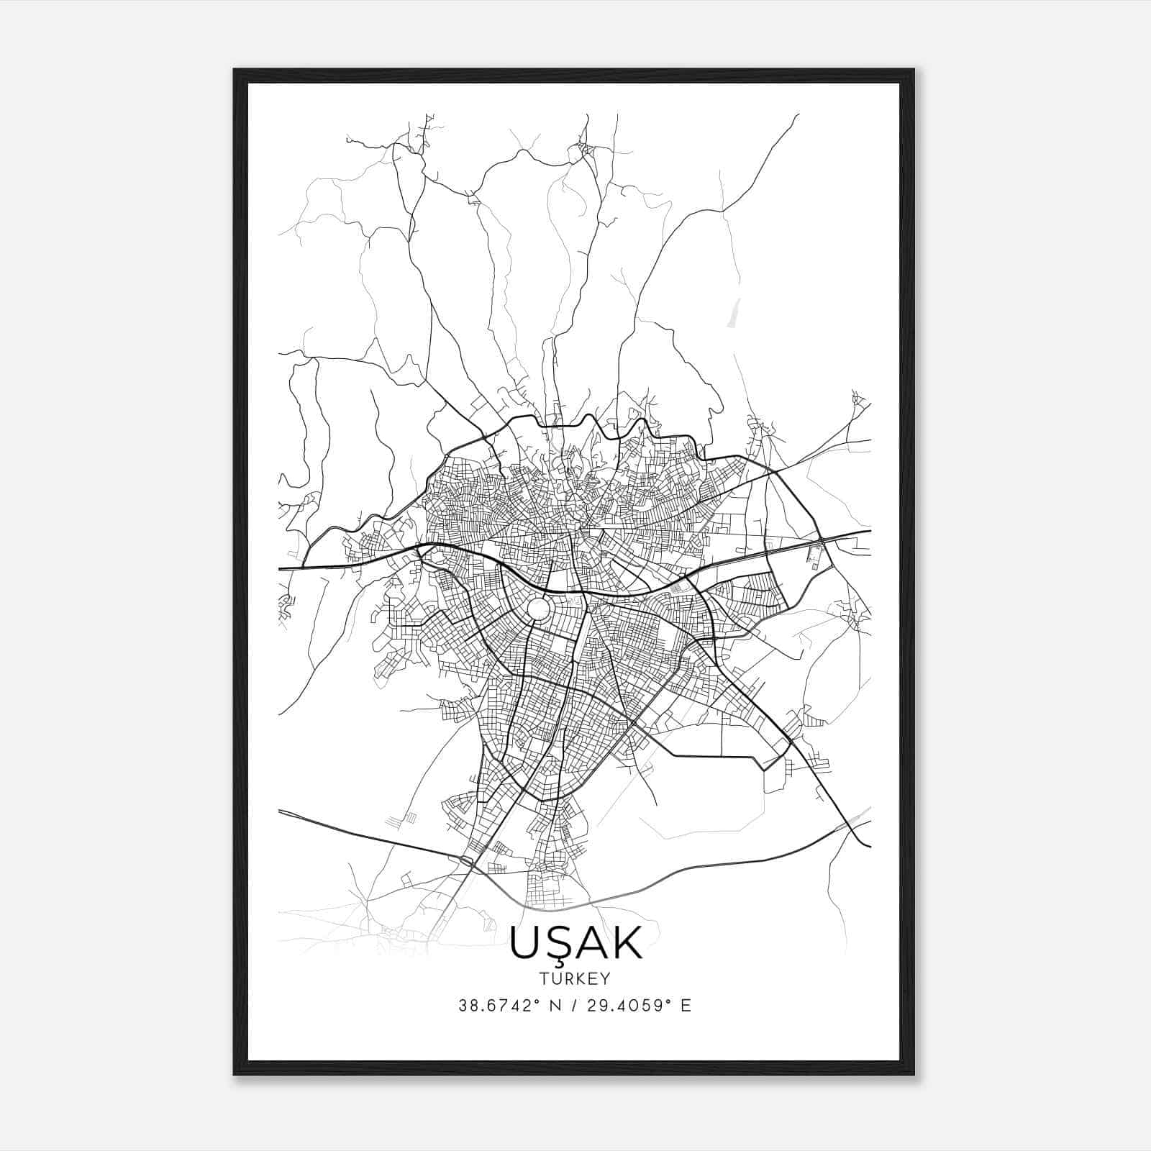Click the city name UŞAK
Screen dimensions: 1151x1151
pyautogui.click(x=575, y=943)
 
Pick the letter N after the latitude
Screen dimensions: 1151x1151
pyautogui.click(x=554, y=1006)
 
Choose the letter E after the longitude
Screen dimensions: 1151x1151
pyautogui.click(x=686, y=1006)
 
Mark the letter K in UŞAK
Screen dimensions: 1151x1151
pyautogui.click(x=627, y=943)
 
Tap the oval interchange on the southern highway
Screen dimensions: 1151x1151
pyautogui.click(x=467, y=860)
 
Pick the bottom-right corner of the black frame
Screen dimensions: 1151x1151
pyautogui.click(x=914, y=1075)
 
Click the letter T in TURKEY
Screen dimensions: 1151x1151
pyautogui.click(x=543, y=979)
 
